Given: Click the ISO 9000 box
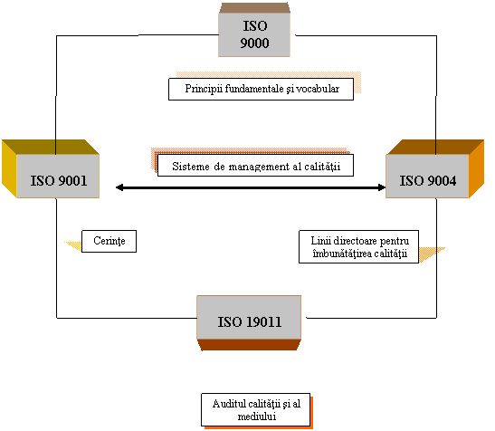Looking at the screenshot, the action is [254, 30].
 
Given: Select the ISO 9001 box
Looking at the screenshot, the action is [51, 169].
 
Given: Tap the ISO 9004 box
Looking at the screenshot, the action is [434, 169].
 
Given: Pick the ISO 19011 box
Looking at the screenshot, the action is [249, 323].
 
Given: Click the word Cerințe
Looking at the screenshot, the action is [109, 241].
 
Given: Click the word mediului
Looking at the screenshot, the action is [257, 417].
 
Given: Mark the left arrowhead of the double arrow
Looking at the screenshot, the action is [119, 187].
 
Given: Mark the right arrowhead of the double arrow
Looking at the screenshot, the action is [382, 187].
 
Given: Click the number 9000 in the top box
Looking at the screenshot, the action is [254, 43].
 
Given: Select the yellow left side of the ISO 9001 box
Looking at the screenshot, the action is [9, 169].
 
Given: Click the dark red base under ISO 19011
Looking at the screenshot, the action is [249, 345].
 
